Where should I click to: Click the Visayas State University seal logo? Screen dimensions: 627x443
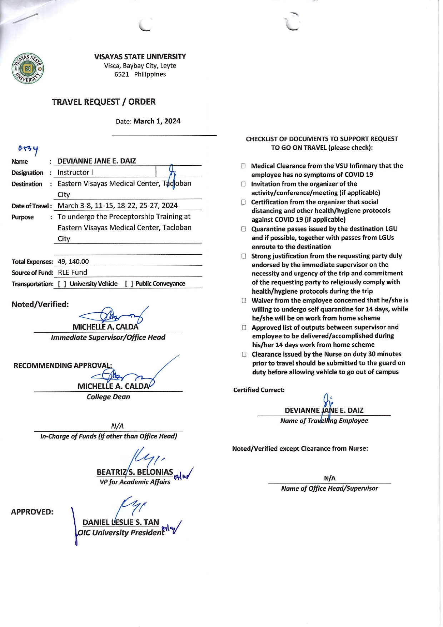(x=28, y=68)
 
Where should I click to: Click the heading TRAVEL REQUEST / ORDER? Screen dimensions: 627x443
(x=104, y=102)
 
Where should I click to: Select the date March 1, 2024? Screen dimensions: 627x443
(x=157, y=121)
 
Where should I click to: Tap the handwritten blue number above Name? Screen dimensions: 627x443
(x=29, y=149)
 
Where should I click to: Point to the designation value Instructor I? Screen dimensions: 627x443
(x=75, y=172)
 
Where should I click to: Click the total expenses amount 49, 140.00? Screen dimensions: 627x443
(x=73, y=261)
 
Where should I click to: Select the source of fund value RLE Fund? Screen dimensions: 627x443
(x=73, y=273)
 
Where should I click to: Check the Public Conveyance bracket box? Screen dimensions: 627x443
(x=129, y=284)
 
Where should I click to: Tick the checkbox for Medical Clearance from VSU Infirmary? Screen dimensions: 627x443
(x=243, y=166)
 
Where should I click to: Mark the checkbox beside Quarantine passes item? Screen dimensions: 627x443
(x=244, y=229)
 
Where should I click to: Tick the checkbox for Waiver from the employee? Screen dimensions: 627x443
(x=244, y=300)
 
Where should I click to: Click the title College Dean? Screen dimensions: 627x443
(x=108, y=397)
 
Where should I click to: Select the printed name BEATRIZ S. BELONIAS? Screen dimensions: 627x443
(x=135, y=472)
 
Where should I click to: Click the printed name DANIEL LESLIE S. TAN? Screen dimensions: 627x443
(x=121, y=522)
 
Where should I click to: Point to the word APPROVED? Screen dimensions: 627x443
(x=32, y=512)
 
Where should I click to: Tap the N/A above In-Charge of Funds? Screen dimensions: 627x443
(x=117, y=426)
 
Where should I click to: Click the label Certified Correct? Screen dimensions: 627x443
(x=259, y=390)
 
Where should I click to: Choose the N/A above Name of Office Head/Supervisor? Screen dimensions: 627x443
(x=330, y=478)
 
